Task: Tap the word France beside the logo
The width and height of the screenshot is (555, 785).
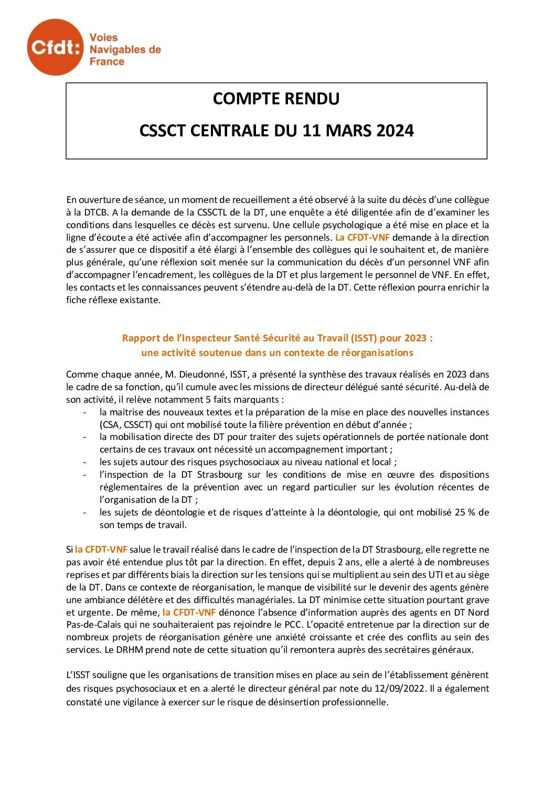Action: click(107, 62)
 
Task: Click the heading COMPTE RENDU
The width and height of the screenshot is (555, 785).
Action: click(276, 99)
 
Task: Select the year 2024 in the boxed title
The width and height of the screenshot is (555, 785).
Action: click(395, 130)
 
